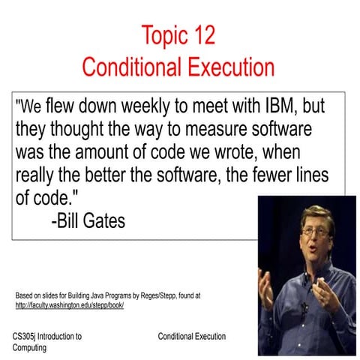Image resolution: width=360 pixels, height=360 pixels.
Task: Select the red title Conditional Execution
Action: tap(178, 67)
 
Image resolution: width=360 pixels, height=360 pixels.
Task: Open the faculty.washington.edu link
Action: tap(69, 305)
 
